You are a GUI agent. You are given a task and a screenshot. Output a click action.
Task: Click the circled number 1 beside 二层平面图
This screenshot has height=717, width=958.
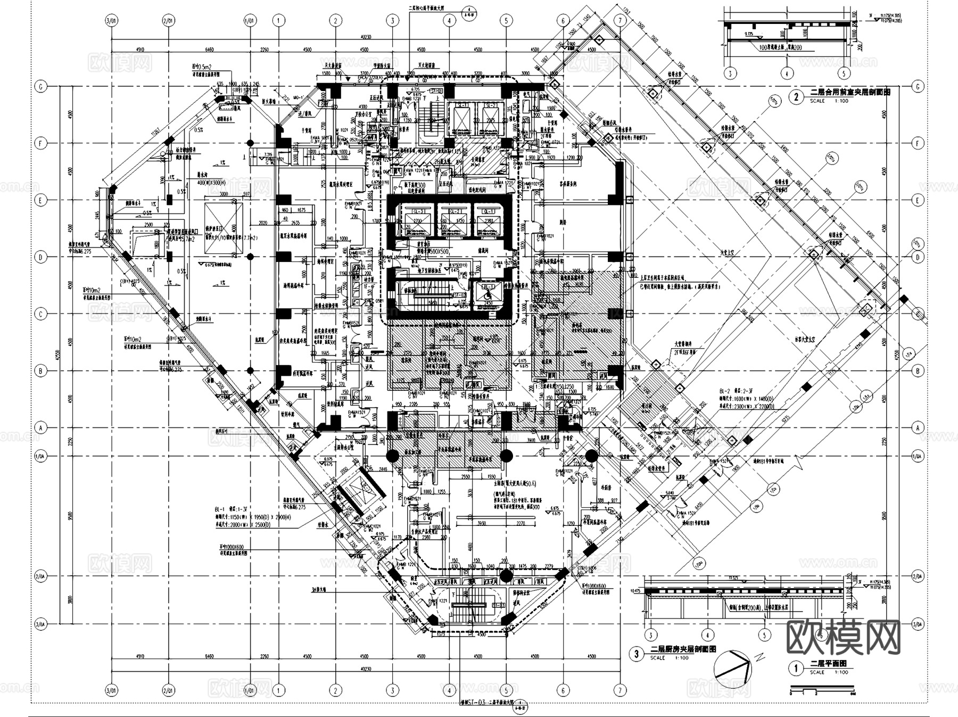click(796, 668)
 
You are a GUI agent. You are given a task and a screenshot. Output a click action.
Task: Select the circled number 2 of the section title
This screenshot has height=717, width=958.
click(796, 97)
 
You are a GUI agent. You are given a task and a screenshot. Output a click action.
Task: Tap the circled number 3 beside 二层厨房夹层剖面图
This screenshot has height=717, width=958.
click(637, 654)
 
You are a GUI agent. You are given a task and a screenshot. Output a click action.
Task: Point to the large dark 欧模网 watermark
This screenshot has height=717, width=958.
click(844, 637)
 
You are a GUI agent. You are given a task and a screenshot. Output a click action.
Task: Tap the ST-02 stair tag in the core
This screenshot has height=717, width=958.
click(459, 294)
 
